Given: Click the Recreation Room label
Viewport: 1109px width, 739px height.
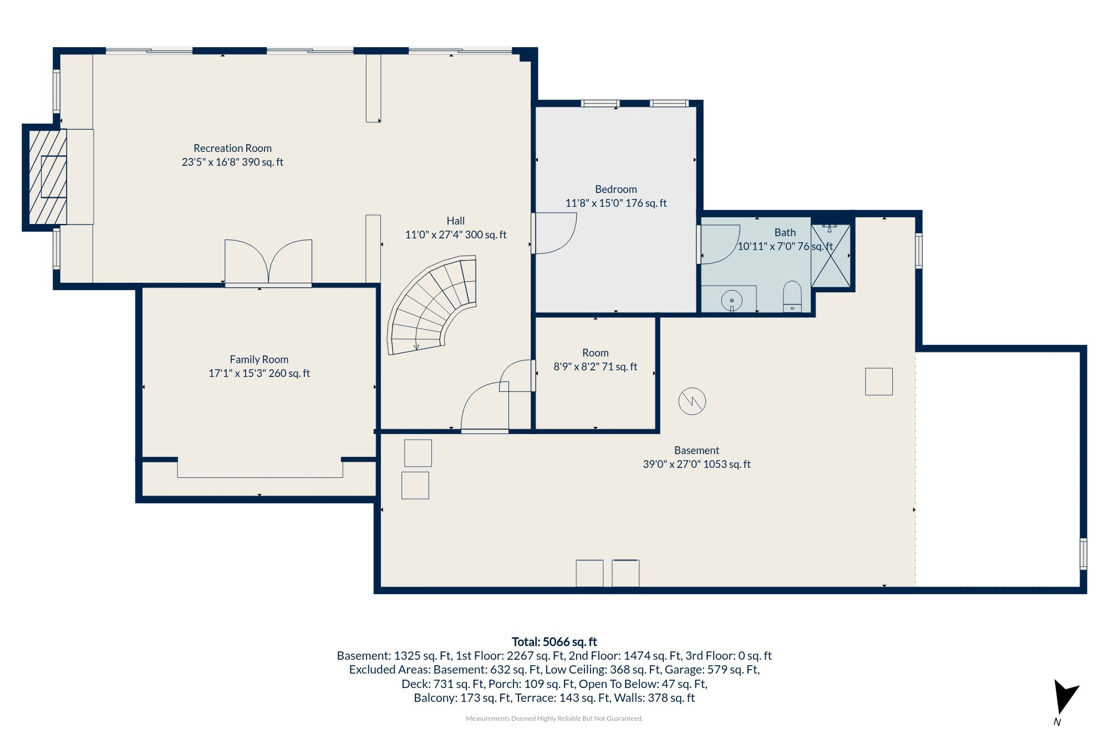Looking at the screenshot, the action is tap(232, 148).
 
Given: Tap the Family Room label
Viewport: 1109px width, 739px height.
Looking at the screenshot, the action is tap(259, 359).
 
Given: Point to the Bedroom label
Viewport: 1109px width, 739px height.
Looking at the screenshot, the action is tap(615, 189).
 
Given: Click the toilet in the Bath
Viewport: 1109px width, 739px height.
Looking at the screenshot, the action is tap(792, 297).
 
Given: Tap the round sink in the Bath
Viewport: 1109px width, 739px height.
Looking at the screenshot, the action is tap(731, 300).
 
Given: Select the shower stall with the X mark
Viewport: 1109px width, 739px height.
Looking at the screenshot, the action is tap(831, 255).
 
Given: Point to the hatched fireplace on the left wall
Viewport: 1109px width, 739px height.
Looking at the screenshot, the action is tap(48, 177).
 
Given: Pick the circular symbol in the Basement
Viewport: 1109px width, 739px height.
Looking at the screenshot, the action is tap(692, 401).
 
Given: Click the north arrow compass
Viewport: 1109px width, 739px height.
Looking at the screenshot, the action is tap(1065, 697).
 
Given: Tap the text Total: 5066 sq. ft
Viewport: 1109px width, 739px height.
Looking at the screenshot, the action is tap(554, 641).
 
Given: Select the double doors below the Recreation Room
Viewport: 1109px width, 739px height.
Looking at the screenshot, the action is tap(268, 262).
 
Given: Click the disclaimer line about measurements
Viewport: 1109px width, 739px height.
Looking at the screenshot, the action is tap(554, 718).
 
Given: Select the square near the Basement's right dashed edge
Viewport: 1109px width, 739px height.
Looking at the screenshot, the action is tap(879, 381).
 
